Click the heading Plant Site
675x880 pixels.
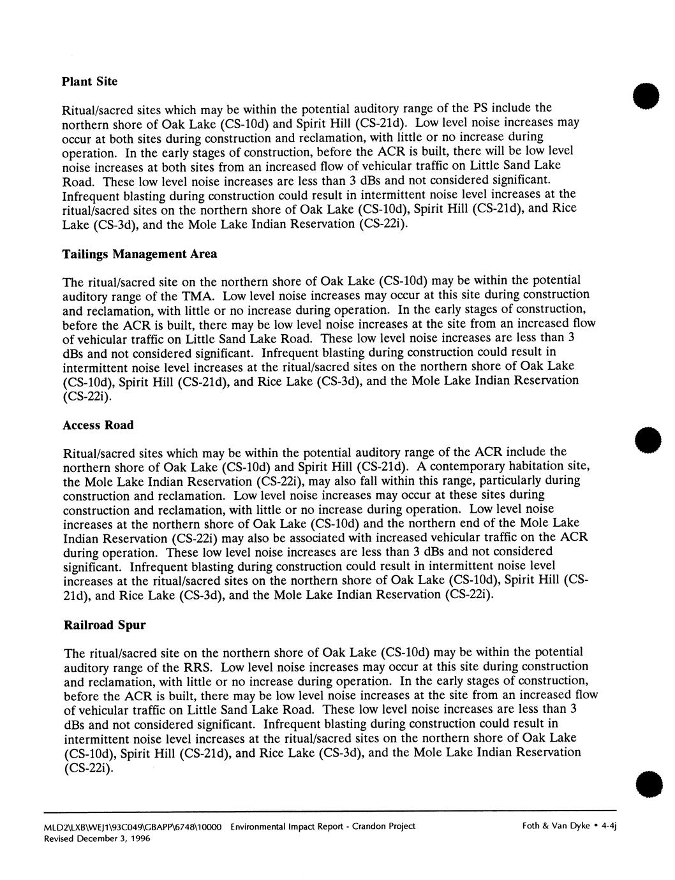89,82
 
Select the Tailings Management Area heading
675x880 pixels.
139,254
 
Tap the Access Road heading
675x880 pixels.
99,425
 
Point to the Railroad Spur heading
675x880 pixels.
105,625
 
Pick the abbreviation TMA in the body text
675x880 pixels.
202,295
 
